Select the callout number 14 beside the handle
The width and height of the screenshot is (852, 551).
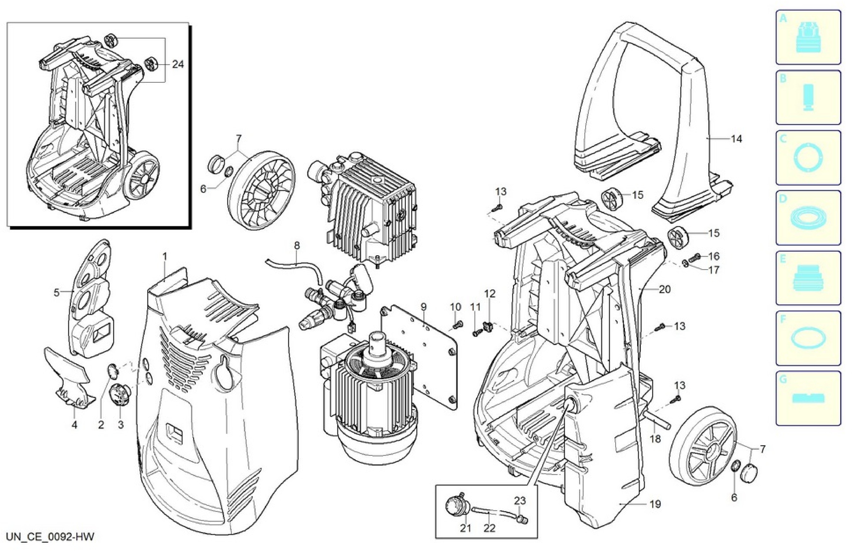736,139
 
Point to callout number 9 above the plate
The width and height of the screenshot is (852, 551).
424,307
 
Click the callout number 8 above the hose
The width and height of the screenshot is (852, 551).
297,246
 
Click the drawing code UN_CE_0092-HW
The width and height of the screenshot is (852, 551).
50,537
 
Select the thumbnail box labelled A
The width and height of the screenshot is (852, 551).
808,37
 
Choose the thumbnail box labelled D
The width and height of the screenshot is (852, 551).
808,217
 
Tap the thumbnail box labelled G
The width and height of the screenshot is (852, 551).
808,398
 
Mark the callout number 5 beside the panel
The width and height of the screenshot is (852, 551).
57,293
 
